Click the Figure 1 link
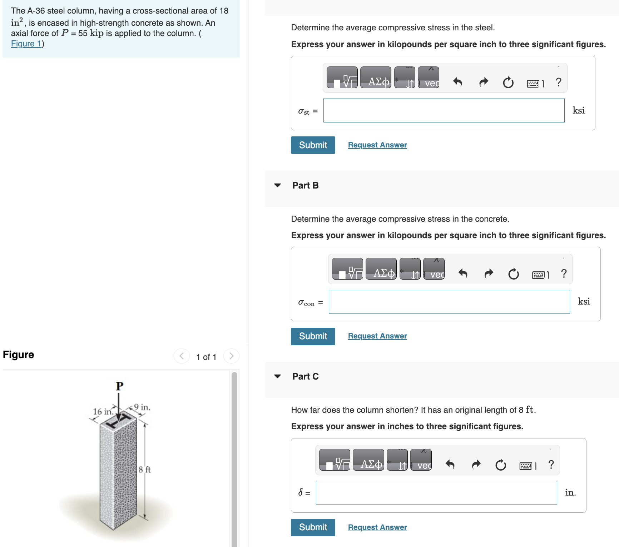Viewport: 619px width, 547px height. tap(26, 44)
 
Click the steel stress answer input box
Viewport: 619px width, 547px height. tap(444, 111)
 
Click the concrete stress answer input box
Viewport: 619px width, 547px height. tap(449, 302)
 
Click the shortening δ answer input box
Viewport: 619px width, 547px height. tap(436, 493)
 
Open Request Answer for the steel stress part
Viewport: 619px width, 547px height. tap(377, 145)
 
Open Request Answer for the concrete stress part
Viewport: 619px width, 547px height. tap(377, 336)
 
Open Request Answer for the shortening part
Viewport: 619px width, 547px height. tap(377, 527)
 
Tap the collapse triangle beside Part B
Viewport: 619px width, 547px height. tap(277, 185)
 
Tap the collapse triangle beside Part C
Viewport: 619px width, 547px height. tap(277, 376)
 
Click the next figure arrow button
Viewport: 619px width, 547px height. tap(231, 356)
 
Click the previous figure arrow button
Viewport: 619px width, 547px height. tap(182, 356)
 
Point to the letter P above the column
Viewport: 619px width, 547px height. tap(119, 386)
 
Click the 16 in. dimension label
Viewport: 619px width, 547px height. tap(103, 412)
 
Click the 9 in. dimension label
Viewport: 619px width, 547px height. tap(142, 407)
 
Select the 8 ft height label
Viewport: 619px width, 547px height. tap(145, 470)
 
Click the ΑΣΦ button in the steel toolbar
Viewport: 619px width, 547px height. tap(376, 77)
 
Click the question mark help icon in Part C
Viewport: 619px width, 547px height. tap(551, 465)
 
